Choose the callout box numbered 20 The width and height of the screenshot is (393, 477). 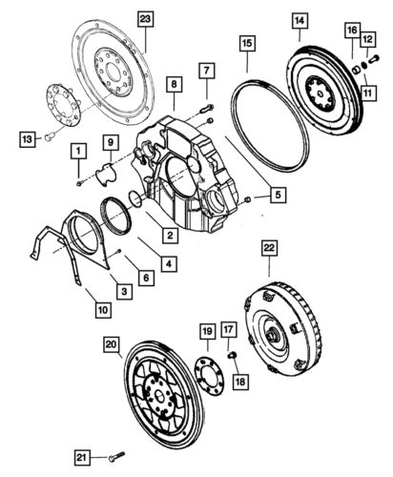coord(111,343)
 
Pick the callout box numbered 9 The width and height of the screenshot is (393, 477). coord(111,143)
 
